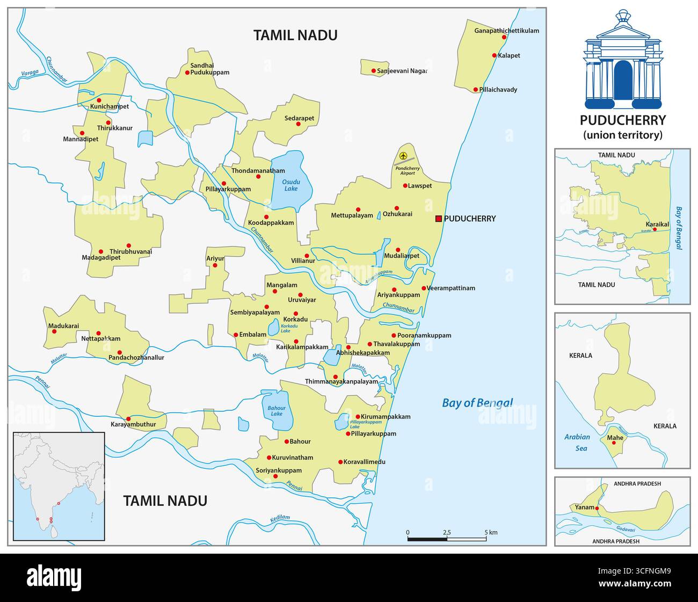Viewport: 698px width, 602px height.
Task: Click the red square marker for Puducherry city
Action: [439, 219]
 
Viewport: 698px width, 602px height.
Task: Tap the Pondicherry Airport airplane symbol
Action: [404, 156]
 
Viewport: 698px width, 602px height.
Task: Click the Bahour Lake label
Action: [277, 411]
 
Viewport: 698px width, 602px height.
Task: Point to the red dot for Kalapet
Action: [494, 55]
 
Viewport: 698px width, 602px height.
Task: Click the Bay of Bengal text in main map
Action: [477, 403]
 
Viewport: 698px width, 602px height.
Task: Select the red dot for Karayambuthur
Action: [128, 419]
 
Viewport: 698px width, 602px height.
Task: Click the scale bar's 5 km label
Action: [491, 533]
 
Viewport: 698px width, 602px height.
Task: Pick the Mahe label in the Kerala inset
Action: [615, 438]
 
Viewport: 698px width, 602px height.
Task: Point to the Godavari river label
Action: [626, 529]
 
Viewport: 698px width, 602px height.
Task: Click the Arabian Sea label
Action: [577, 443]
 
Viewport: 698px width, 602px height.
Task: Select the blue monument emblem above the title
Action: [623, 59]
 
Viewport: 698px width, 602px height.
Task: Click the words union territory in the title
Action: [623, 135]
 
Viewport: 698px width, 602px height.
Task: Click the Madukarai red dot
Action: [54, 331]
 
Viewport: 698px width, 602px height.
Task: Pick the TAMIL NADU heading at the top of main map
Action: [295, 35]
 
